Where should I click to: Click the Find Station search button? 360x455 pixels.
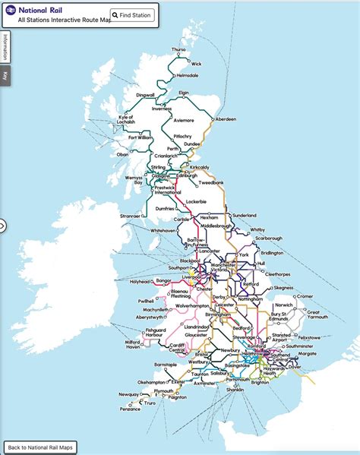pos(131,15)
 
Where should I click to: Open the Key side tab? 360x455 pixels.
pos(5,75)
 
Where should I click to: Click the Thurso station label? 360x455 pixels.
pos(178,49)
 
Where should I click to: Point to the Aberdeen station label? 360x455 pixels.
pos(226,119)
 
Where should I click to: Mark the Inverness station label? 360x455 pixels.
pos(162,109)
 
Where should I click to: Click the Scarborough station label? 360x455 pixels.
pos(267,239)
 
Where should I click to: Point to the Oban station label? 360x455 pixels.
pos(122,154)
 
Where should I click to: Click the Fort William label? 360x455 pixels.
pos(140,137)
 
